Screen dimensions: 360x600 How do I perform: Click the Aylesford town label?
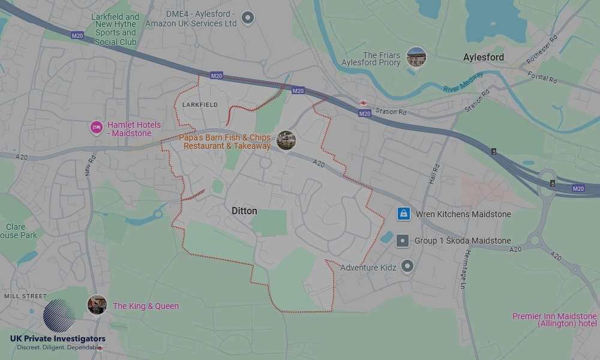[484, 58]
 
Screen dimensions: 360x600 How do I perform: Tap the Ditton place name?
[244, 211]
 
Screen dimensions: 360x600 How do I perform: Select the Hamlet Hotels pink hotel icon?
[96, 127]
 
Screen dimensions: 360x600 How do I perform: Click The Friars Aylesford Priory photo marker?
[416, 57]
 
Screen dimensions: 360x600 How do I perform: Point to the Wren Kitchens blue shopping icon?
[404, 214]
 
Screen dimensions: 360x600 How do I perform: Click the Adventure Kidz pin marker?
[407, 266]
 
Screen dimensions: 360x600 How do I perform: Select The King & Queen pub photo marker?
[97, 305]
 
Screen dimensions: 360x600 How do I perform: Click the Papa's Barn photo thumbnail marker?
[286, 140]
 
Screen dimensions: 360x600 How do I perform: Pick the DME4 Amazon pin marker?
[247, 18]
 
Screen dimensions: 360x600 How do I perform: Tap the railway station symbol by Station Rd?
[363, 104]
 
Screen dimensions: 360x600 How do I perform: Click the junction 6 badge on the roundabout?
[552, 184]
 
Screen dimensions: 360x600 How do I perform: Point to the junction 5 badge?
[494, 152]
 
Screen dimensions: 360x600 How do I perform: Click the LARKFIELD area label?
[200, 104]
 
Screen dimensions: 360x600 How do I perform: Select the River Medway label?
[463, 85]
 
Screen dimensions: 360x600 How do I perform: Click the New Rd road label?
[91, 166]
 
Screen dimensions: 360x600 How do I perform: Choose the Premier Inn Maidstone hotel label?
[554, 320]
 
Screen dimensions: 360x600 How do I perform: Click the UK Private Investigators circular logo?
[59, 316]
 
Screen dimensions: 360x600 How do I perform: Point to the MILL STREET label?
[25, 296]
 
